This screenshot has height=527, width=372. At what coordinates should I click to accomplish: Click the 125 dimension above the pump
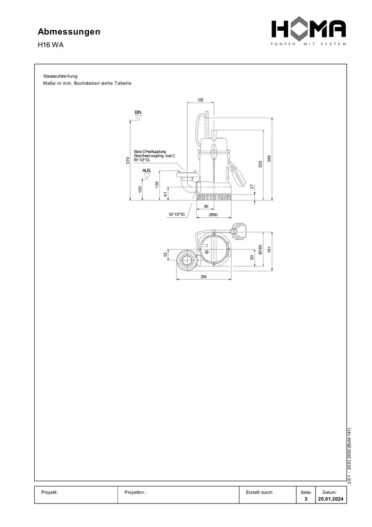coord(200,100)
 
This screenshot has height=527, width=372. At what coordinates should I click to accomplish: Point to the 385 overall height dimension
coord(269,160)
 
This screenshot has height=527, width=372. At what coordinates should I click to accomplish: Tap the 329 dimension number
coord(260,164)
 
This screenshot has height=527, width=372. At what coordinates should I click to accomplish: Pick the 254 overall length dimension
coord(203,277)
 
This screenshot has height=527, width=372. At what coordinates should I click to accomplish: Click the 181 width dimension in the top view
coord(269,249)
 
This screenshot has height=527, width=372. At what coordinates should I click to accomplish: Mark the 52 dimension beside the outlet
coord(166,254)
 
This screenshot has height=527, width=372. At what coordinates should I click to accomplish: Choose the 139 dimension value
coord(157,184)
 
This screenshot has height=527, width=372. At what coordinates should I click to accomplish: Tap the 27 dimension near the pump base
coord(252,186)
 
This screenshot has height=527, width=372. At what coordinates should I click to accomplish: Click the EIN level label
coord(138,113)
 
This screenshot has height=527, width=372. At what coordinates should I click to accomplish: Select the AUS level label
coord(146,170)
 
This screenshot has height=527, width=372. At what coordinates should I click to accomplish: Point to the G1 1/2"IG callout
coord(176,214)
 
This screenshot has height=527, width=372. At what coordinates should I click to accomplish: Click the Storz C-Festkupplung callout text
coord(150,152)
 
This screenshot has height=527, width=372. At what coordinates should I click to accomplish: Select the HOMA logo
coord(309,32)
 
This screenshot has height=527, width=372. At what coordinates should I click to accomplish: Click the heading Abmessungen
coord(69,32)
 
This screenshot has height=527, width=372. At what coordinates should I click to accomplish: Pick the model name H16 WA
coord(51,45)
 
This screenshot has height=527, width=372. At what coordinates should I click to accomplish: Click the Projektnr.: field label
coord(136,492)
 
